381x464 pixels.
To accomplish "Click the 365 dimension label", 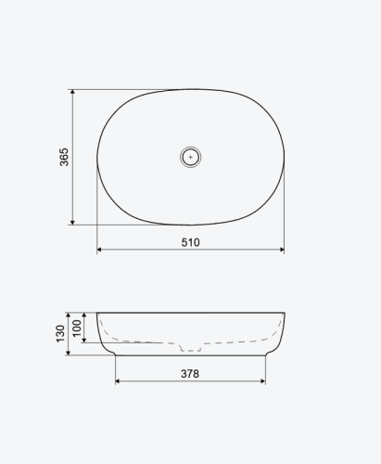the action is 64,157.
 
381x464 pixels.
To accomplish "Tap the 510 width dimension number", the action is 190,242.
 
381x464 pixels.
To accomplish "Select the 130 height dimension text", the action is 60,334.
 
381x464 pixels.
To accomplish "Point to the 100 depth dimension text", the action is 77,328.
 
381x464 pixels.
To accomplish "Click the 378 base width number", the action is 190,374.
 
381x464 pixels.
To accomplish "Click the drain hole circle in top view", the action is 191,157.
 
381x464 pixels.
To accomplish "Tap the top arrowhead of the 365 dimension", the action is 72,92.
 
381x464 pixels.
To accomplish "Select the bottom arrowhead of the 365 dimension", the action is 72,223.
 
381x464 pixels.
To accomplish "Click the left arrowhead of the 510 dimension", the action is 99,250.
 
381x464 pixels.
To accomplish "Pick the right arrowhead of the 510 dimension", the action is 282,250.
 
